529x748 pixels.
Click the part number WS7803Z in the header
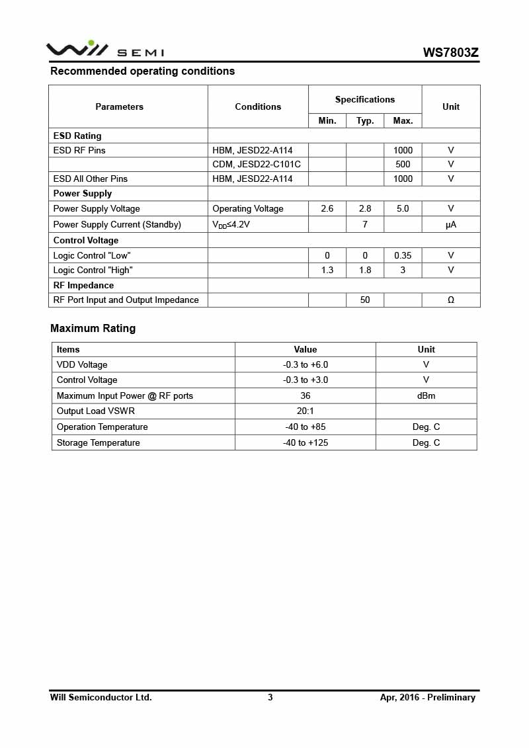pyautogui.click(x=451, y=52)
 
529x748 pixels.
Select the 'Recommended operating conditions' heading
pyautogui.click(x=142, y=71)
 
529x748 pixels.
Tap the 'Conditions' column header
pyautogui.click(x=258, y=106)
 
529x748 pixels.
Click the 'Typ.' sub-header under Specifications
pyautogui.click(x=365, y=120)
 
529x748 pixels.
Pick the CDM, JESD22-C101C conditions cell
pyautogui.click(x=256, y=164)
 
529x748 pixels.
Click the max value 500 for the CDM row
pyautogui.click(x=403, y=164)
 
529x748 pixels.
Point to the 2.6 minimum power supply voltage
pyautogui.click(x=327, y=208)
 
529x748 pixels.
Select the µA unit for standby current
pyautogui.click(x=451, y=224)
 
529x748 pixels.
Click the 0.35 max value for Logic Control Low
pyautogui.click(x=403, y=255)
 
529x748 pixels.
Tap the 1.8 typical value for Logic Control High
pyautogui.click(x=365, y=270)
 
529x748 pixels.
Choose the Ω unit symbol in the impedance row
pyautogui.click(x=451, y=300)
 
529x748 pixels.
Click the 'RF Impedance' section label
pyautogui.click(x=83, y=285)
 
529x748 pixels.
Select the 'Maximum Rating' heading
pyautogui.click(x=93, y=328)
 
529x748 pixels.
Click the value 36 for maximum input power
pyautogui.click(x=305, y=395)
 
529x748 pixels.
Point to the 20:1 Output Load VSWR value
pyautogui.click(x=305, y=411)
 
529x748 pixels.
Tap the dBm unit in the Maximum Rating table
pyautogui.click(x=426, y=395)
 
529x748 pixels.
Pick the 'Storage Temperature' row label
pyautogui.click(x=98, y=442)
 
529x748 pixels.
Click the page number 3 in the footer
pyautogui.click(x=270, y=697)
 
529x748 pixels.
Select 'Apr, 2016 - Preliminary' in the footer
pyautogui.click(x=427, y=697)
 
